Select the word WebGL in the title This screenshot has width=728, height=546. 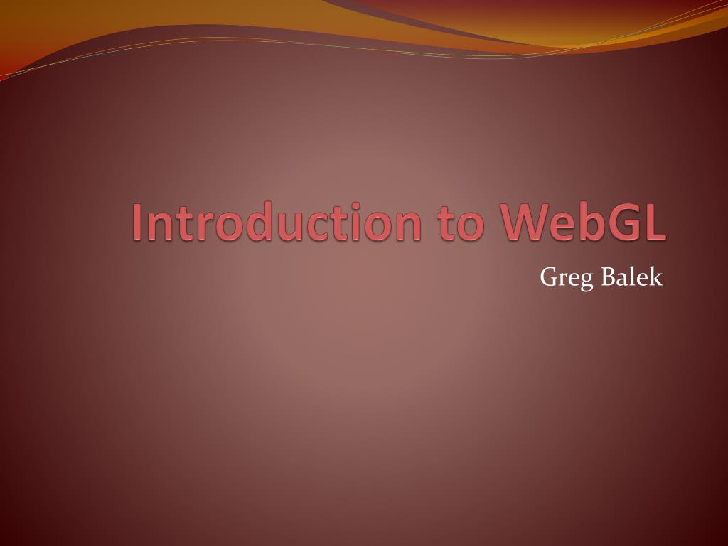tap(584, 223)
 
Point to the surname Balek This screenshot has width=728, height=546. tap(631, 277)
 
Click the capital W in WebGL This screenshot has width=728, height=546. tap(528, 223)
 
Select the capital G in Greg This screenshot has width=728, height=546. tap(549, 277)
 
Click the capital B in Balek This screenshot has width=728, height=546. tap(609, 277)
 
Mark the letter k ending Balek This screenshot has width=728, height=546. tap(655, 277)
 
